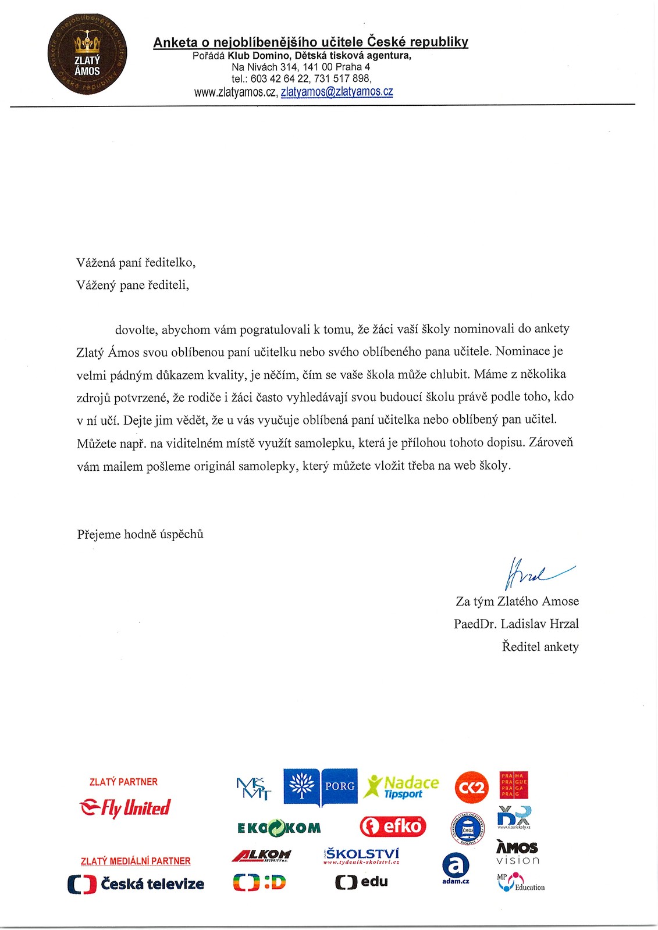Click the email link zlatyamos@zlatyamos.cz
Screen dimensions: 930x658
337,92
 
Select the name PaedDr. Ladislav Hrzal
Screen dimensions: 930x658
516,624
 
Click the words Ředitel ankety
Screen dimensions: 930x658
540,646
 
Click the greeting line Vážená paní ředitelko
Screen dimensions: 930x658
136,262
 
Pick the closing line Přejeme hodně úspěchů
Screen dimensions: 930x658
140,534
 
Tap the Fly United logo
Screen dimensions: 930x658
125,807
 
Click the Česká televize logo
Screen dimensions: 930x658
136,884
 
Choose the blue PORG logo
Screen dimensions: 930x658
321,786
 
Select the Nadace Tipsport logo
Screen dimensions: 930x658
401,786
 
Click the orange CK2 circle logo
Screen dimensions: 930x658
472,787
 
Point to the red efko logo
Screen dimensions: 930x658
393,826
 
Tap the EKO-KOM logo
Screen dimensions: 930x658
279,828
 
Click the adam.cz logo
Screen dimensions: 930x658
456,868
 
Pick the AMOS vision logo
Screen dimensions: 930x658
517,853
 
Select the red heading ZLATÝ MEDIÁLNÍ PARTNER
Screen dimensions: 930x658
136,861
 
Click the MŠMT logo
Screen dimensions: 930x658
254,789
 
